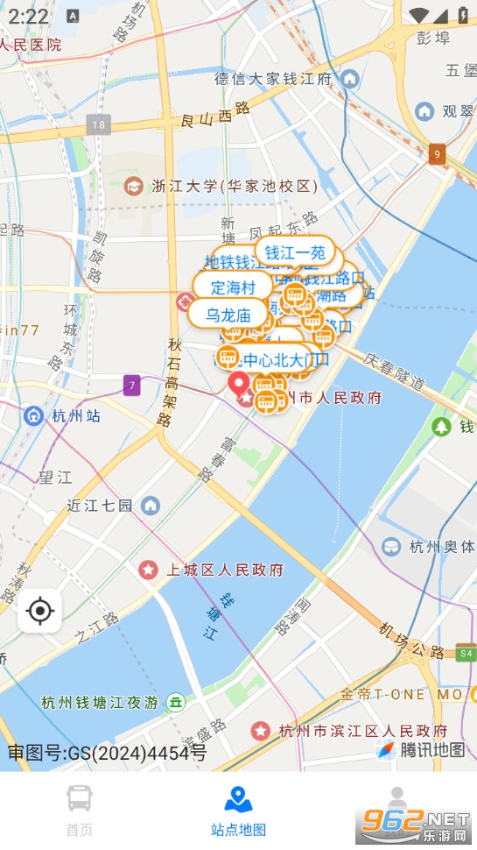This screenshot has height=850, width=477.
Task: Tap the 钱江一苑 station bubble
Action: [x=295, y=252]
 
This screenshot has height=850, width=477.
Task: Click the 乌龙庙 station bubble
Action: [x=228, y=313]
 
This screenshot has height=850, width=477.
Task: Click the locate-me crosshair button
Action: [x=40, y=611]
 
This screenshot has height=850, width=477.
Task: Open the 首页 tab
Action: [x=80, y=809]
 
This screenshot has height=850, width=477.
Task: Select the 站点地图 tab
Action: [x=238, y=809]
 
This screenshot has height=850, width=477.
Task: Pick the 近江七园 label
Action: [x=101, y=506]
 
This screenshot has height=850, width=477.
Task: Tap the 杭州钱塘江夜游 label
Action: [x=100, y=702]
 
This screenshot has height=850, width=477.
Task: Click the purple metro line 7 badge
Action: [x=131, y=385]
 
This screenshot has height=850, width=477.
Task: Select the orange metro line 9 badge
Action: [x=438, y=154]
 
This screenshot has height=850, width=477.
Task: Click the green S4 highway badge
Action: [x=465, y=654]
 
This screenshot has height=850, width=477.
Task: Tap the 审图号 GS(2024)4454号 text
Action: [x=108, y=752]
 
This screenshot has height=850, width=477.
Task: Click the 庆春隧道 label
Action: [x=395, y=373]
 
